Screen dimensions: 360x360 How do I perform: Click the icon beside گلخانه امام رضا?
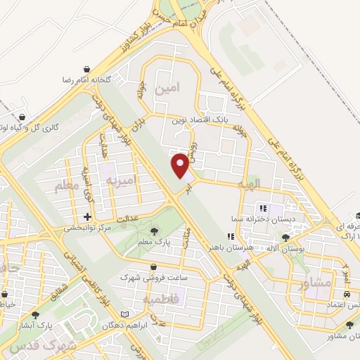[x=86, y=69]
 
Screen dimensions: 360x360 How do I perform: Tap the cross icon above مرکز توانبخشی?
[x=87, y=217]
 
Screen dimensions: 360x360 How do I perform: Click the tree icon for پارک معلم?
[x=154, y=231]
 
